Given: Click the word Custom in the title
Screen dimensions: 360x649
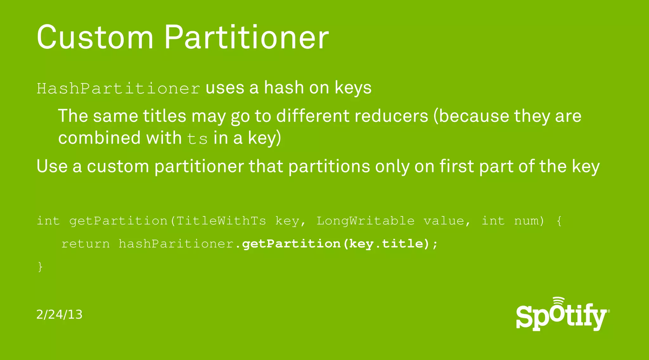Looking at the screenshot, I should click(x=95, y=37).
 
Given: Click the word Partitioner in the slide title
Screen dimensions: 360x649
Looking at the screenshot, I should click(x=247, y=37).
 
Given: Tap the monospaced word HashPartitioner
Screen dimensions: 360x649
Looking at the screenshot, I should click(x=118, y=88).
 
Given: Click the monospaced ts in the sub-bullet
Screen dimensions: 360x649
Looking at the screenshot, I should click(x=197, y=139).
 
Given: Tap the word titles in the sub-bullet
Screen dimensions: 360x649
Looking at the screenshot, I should click(x=164, y=116).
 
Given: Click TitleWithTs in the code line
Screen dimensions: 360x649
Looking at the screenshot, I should click(x=221, y=221).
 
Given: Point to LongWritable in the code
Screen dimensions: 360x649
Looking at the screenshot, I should click(x=365, y=221).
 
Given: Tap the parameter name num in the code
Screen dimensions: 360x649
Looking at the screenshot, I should click(x=529, y=221).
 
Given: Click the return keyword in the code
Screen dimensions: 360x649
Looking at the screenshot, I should click(x=86, y=244).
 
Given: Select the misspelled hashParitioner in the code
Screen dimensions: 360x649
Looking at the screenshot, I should click(x=177, y=244).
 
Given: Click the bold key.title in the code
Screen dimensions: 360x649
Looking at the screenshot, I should click(x=386, y=244).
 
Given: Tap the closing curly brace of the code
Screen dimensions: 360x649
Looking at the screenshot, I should click(x=40, y=267).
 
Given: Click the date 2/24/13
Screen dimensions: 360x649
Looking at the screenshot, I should click(x=59, y=315).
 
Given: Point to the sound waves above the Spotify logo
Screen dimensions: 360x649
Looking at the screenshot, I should click(x=559, y=301).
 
